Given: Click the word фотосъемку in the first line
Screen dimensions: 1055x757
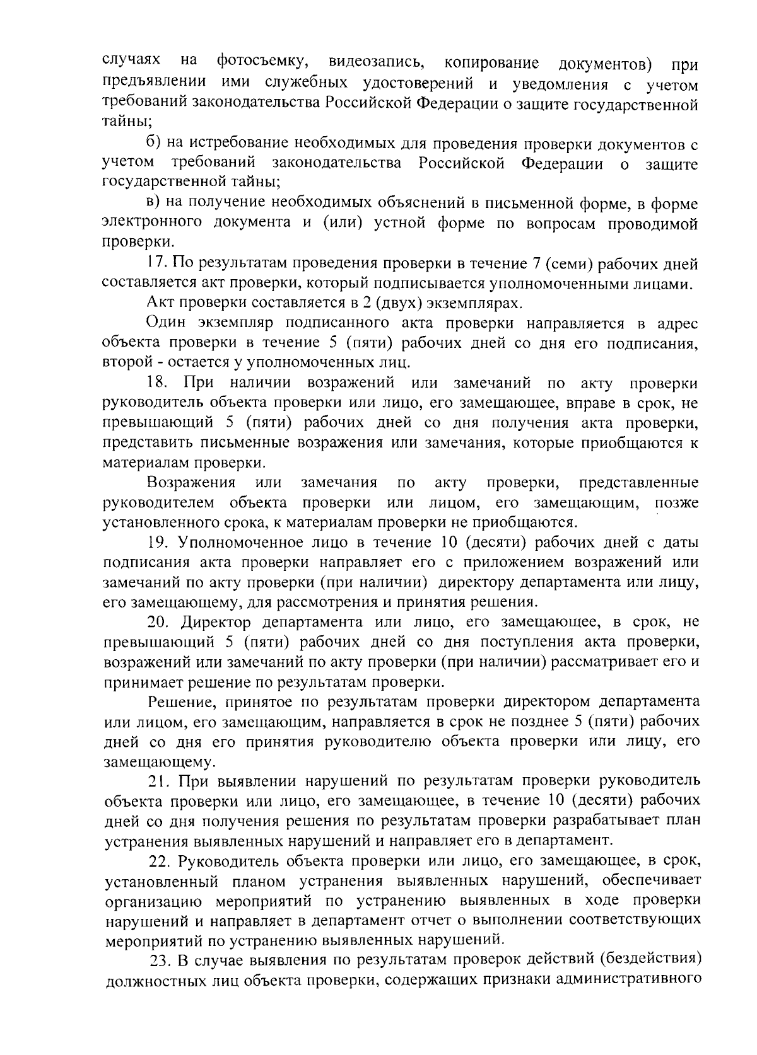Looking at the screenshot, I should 262,62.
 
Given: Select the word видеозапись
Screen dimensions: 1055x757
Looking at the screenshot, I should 376,62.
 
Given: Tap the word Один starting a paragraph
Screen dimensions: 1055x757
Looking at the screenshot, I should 165,324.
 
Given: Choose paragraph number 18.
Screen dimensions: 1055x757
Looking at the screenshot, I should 157,383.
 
